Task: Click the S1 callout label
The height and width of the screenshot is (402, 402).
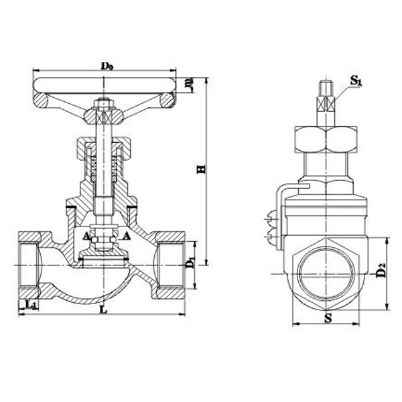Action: (x=356, y=81)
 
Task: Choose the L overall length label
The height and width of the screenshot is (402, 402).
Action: (x=102, y=310)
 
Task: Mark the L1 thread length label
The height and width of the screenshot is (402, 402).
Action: (x=30, y=306)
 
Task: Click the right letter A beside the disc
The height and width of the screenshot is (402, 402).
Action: (x=127, y=236)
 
